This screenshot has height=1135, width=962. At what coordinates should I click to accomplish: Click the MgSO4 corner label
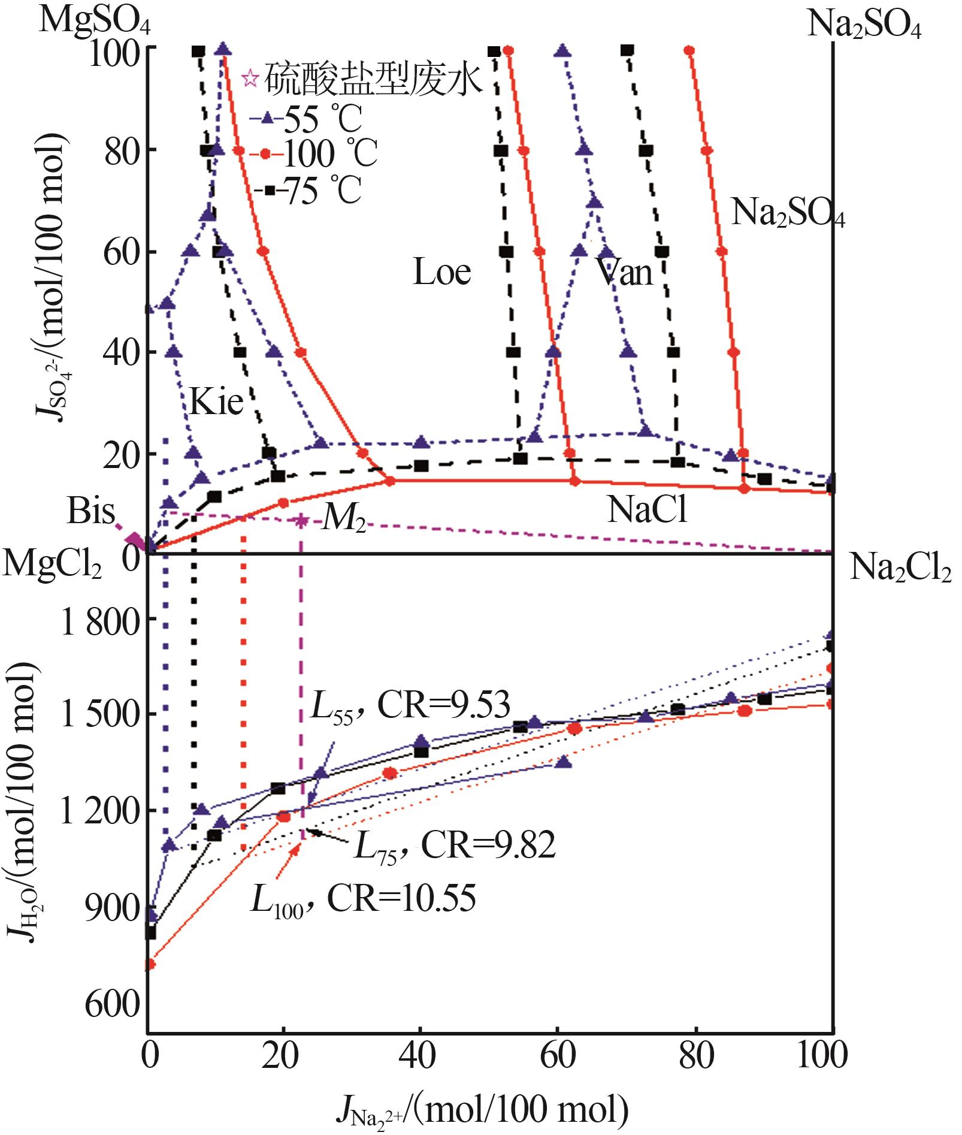pos(95,21)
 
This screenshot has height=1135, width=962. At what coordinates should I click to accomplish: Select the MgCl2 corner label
pos(52,565)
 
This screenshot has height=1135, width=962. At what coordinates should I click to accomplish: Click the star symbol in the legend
pos(250,78)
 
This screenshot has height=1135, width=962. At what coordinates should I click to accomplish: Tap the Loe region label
pos(442,273)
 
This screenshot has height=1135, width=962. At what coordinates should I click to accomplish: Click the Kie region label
pos(216,402)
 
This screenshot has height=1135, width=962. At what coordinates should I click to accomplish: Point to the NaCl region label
pos(647,510)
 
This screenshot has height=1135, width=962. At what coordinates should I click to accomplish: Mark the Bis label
pos(90,511)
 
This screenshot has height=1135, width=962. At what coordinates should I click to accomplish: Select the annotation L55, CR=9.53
pos(410,706)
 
